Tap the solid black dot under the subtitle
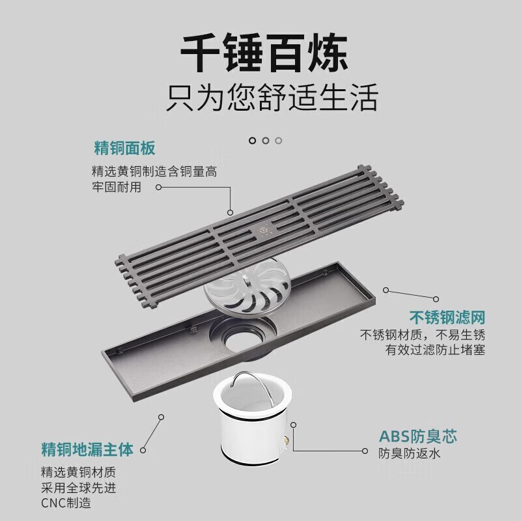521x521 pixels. (x=252, y=140)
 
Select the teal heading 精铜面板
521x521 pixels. (x=124, y=149)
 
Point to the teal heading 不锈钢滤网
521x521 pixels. (x=447, y=318)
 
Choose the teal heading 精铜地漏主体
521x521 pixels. (x=87, y=449)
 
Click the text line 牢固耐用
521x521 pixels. (x=117, y=188)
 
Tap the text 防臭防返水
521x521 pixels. (x=410, y=453)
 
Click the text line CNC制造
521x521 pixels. (x=66, y=503)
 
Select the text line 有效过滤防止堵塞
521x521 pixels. (x=436, y=351)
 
